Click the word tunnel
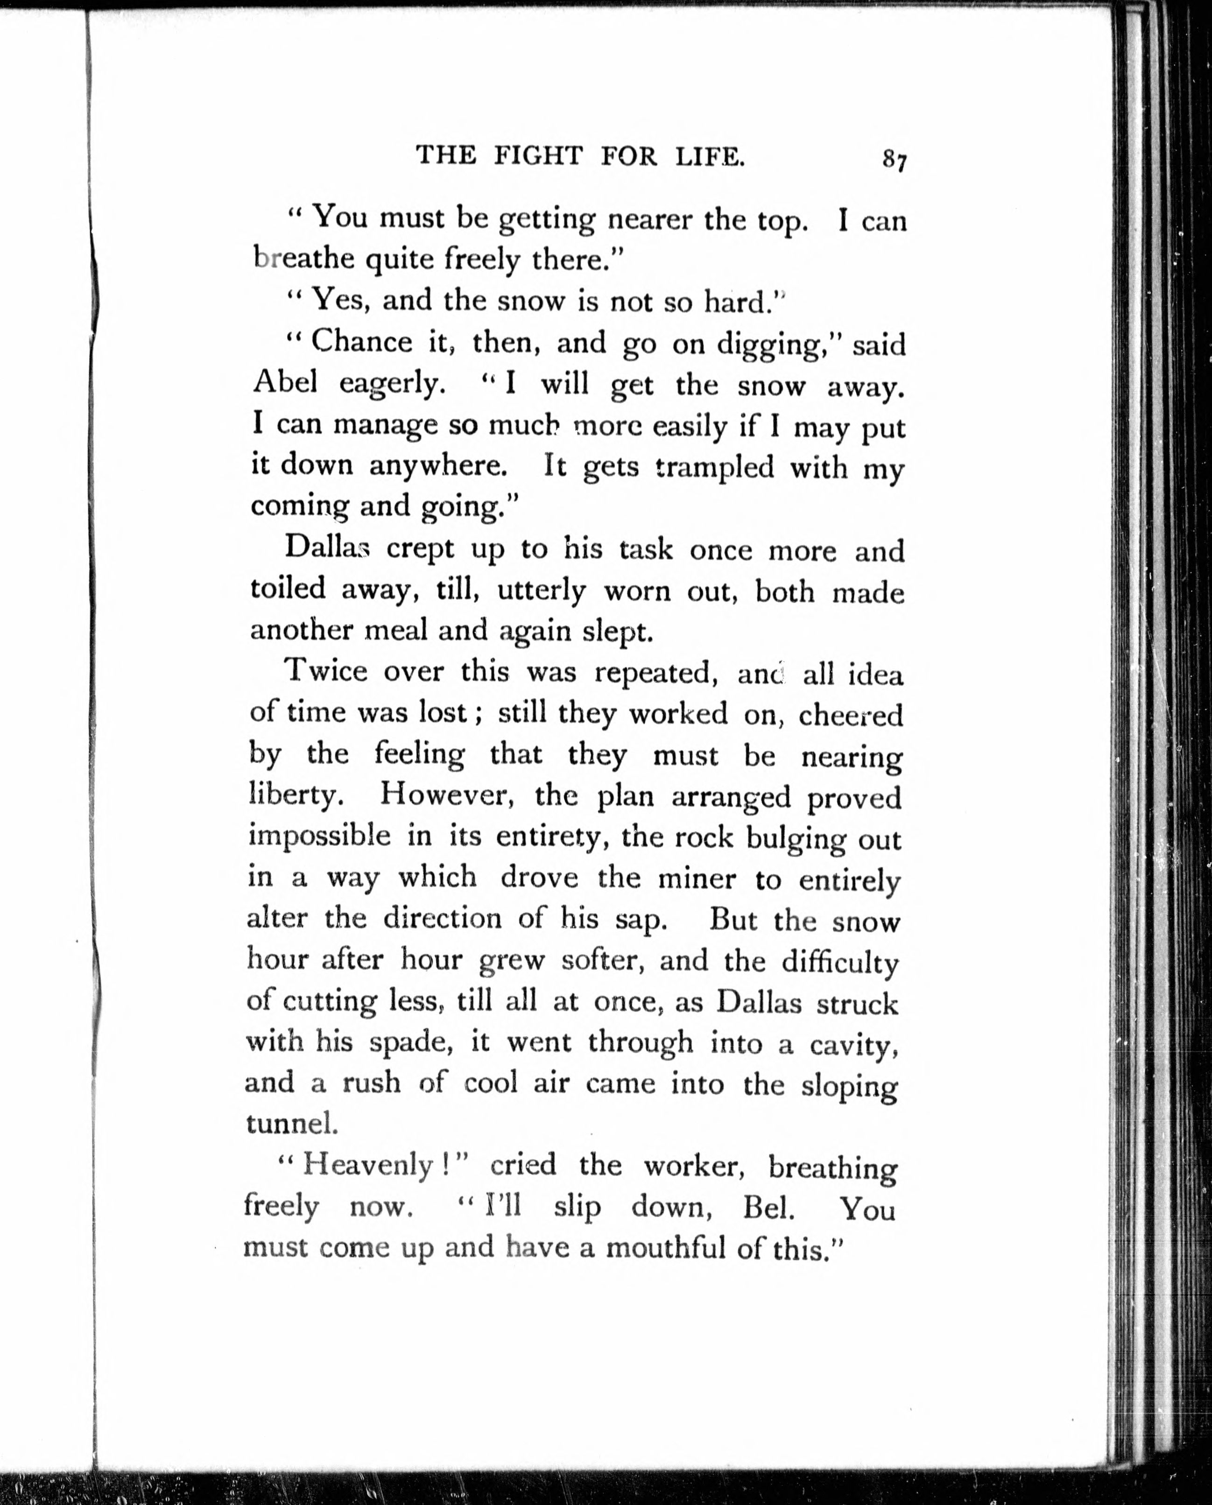(292, 1123)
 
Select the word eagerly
(392, 384)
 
